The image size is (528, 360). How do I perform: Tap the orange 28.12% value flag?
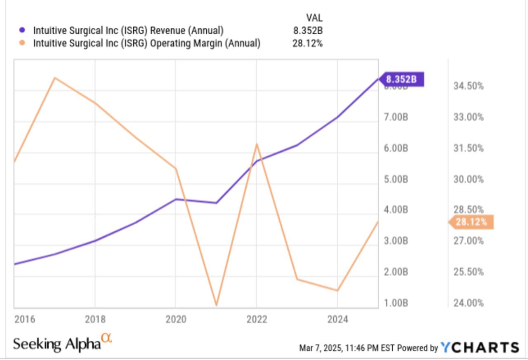pos(471,222)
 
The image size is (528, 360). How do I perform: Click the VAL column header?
pos(314,18)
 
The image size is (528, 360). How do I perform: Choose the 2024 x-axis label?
pos(337,320)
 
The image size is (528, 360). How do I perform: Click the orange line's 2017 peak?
pos(55,78)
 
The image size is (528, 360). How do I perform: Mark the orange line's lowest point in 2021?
pos(216,305)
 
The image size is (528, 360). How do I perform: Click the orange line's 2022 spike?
pos(257,144)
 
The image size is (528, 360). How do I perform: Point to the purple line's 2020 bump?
pos(176,199)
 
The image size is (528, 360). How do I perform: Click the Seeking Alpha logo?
pos(62,343)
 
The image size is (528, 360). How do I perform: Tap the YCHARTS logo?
pos(480,347)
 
